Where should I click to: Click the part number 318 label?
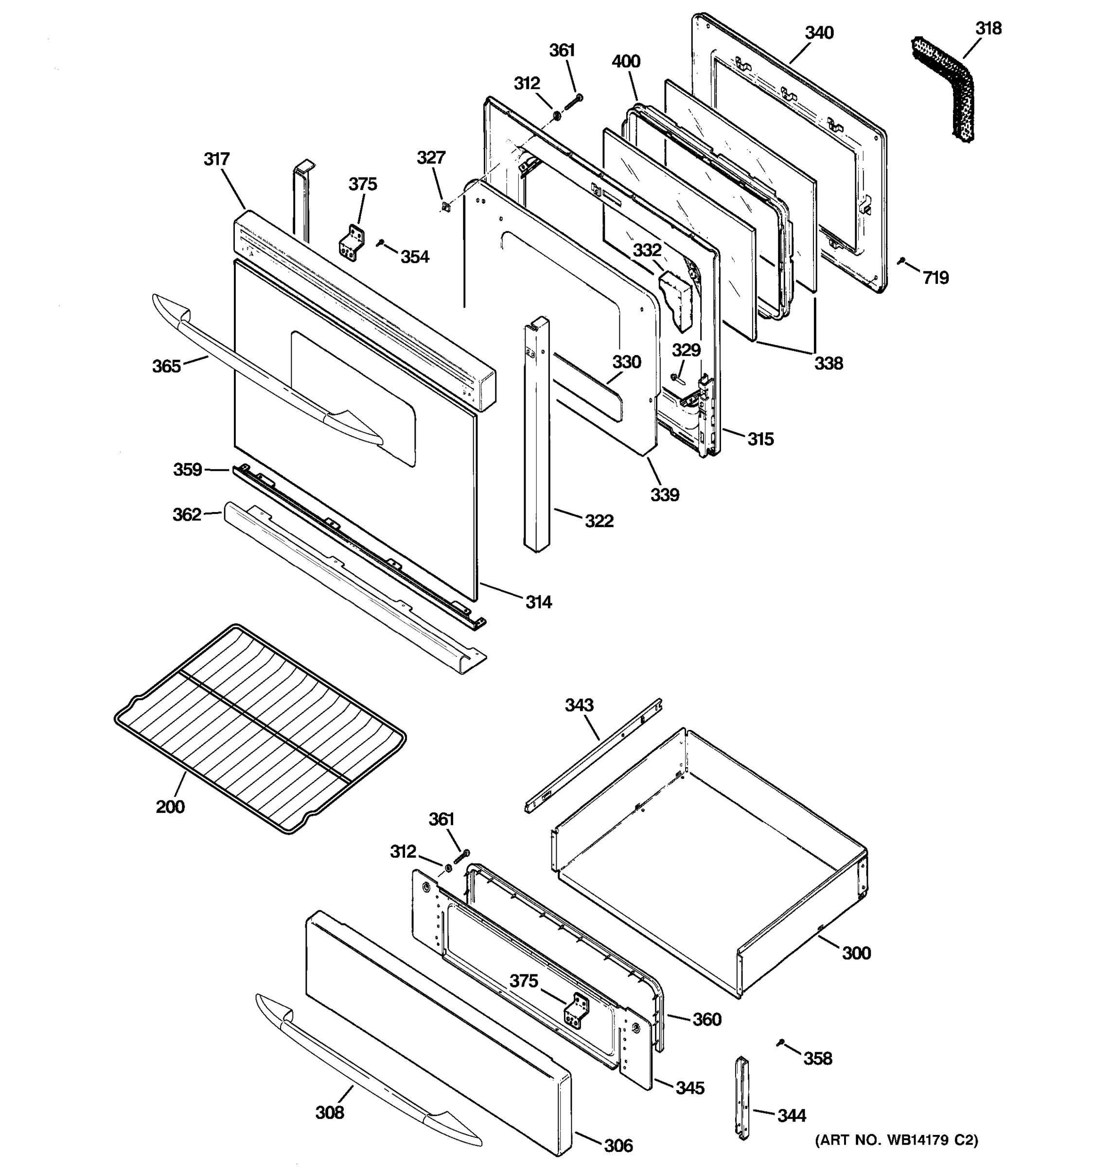[x=988, y=28]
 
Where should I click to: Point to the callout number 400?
[x=626, y=62]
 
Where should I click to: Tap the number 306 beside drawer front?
[x=618, y=1145]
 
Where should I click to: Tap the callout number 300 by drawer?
[x=856, y=953]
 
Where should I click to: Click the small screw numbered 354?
[x=380, y=242]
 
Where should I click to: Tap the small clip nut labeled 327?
[x=445, y=206]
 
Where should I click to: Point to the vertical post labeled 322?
[x=536, y=434]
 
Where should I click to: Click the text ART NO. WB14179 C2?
[x=896, y=1141]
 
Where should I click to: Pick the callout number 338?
[x=828, y=363]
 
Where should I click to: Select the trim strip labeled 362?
[x=352, y=587]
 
